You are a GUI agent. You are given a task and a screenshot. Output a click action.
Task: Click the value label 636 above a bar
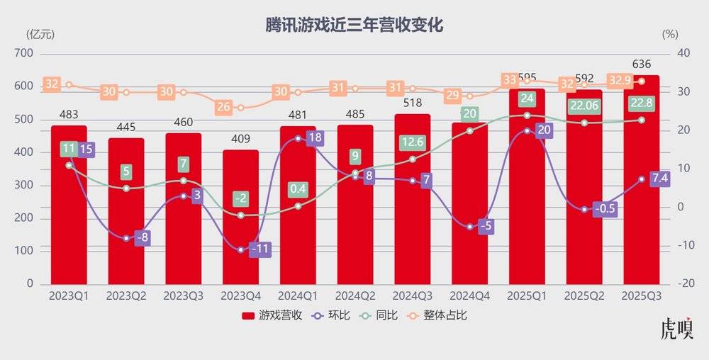pyautogui.click(x=641, y=64)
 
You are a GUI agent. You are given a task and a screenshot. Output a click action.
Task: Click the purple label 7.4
pyautogui.click(x=659, y=178)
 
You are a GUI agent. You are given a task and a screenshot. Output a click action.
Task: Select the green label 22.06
pyautogui.click(x=584, y=106)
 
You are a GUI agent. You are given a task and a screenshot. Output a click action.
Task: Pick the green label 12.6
pyautogui.click(x=412, y=142)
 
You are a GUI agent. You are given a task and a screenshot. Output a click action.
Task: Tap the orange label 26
pyautogui.click(x=223, y=107)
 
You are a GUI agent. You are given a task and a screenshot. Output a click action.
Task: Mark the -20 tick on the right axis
pyautogui.click(x=685, y=283)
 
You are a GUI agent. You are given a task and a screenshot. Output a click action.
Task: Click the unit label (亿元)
pyautogui.click(x=40, y=33)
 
